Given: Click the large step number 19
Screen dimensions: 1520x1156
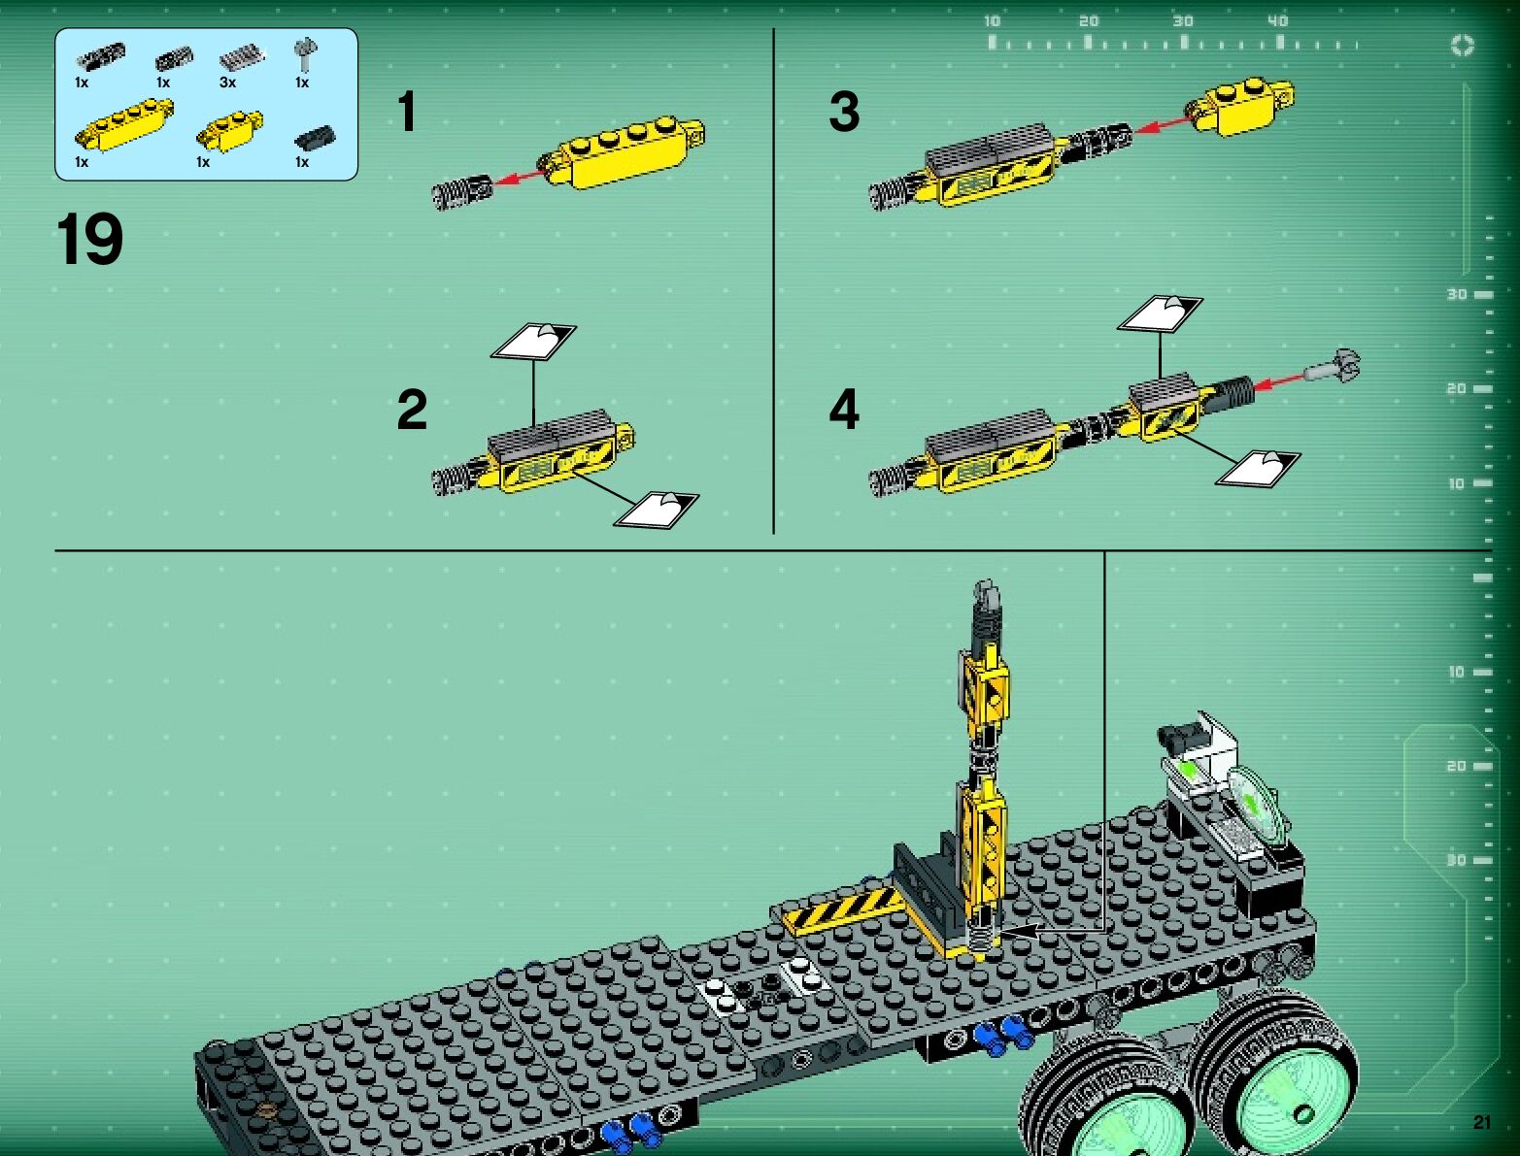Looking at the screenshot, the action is pyautogui.click(x=89, y=239).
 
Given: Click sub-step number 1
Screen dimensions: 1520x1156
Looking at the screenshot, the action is pyautogui.click(x=407, y=111).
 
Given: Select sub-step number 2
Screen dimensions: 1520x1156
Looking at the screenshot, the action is pyautogui.click(x=412, y=410).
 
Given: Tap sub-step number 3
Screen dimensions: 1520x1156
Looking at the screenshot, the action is pyautogui.click(x=844, y=111).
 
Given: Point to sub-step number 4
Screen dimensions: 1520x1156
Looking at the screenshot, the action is pyautogui.click(x=844, y=409).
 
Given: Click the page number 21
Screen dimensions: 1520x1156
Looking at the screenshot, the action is pyautogui.click(x=1481, y=1122).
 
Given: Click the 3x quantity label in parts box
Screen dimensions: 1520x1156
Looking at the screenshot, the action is pyautogui.click(x=227, y=83).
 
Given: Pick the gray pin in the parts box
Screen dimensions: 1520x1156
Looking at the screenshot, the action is pyautogui.click(x=304, y=54).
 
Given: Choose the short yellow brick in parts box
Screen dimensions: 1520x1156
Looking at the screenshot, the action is pyautogui.click(x=230, y=130).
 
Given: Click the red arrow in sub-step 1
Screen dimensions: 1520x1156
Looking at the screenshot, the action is pyautogui.click(x=520, y=177).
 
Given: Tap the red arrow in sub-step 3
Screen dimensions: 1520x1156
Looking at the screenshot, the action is pyautogui.click(x=1164, y=124).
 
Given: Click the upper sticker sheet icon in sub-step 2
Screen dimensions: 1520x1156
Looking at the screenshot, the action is pyautogui.click(x=533, y=341).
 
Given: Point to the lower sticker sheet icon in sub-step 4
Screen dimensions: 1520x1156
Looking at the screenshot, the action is pyautogui.click(x=1258, y=468).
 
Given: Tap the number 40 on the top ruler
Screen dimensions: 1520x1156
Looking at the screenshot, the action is pyautogui.click(x=1277, y=21).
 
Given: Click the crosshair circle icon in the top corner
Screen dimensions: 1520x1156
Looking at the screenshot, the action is pyautogui.click(x=1463, y=46).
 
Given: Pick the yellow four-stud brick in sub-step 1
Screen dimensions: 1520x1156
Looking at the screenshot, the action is pyautogui.click(x=626, y=150).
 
